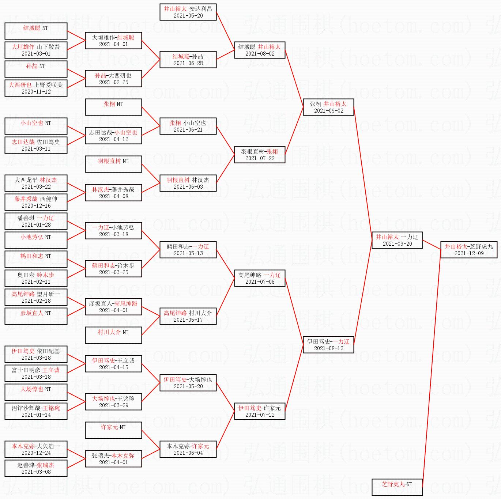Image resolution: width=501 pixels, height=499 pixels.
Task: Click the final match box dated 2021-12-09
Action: pyautogui.click(x=469, y=250)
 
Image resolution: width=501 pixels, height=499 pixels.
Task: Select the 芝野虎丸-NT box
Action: pyautogui.click(x=397, y=487)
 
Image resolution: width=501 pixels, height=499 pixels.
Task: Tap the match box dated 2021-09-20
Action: pyautogui.click(x=397, y=240)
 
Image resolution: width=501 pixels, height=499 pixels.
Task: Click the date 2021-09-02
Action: pyautogui.click(x=328, y=111)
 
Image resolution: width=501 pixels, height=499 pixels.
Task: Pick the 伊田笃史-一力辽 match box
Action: pyautogui.click(x=328, y=345)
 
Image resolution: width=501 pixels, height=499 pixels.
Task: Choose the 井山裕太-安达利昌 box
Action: pyautogui.click(x=188, y=12)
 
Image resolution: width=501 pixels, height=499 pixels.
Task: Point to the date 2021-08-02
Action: pyautogui.click(x=260, y=54)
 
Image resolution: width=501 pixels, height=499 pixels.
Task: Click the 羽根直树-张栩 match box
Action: pyautogui.click(x=260, y=155)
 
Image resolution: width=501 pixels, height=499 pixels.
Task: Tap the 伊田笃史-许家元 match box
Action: pyautogui.click(x=260, y=411)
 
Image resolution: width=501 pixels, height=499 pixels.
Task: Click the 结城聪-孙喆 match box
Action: pyautogui.click(x=188, y=60)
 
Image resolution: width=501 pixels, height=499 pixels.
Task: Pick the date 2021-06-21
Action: pyautogui.click(x=188, y=130)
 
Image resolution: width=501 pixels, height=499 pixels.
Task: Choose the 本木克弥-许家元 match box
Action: pyautogui.click(x=188, y=449)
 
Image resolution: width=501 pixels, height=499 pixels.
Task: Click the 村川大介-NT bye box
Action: pyautogui.click(x=113, y=335)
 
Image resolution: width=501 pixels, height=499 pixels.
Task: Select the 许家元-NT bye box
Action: pyautogui.click(x=113, y=430)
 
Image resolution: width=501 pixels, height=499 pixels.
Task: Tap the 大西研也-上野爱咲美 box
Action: pyautogui.click(x=36, y=88)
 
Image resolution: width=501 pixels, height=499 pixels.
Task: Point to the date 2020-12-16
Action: pyautogui.click(x=36, y=206)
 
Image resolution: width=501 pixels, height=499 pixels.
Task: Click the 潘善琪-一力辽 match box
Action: pyautogui.click(x=36, y=221)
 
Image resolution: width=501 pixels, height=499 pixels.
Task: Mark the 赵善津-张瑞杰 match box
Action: pyautogui.click(x=36, y=468)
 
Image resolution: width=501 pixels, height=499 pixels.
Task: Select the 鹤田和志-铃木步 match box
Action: pyautogui.click(x=113, y=269)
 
